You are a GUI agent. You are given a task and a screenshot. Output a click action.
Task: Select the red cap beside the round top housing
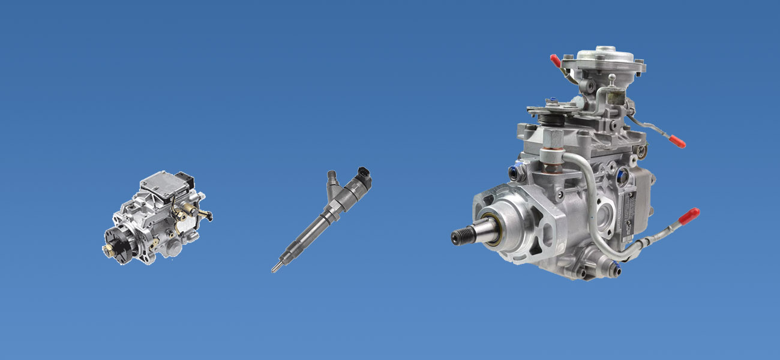[x=555, y=61]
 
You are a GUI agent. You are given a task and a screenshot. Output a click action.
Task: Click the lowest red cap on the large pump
[x=689, y=214]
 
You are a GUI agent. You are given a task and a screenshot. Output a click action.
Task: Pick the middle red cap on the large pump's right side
[x=676, y=142]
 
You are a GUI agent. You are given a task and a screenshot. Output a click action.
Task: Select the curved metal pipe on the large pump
[x=590, y=198]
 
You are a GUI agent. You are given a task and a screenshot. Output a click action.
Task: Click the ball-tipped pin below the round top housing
[x=611, y=78]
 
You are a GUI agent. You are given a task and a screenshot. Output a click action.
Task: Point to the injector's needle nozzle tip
[x=274, y=269]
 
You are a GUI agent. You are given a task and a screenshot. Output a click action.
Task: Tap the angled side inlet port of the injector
[x=332, y=180]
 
